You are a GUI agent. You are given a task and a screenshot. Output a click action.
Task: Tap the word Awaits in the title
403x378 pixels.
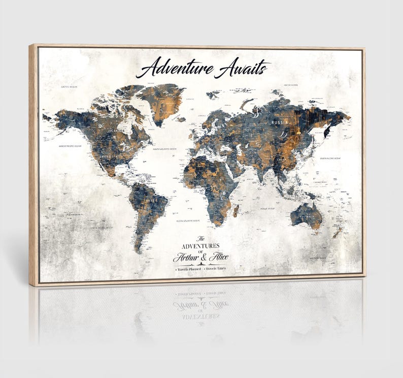tap(242, 69)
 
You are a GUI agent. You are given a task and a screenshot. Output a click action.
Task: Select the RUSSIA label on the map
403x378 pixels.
tap(280, 123)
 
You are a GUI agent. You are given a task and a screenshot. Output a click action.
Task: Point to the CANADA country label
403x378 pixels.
tap(118, 132)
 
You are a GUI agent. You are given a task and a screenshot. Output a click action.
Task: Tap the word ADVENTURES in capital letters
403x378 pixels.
tap(200, 245)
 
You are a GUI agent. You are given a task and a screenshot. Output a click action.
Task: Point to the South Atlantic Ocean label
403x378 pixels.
tap(187, 221)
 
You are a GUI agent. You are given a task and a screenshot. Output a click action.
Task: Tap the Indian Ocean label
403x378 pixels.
tap(267, 208)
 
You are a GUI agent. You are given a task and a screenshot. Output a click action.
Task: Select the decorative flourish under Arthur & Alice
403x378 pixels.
tap(201, 264)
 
